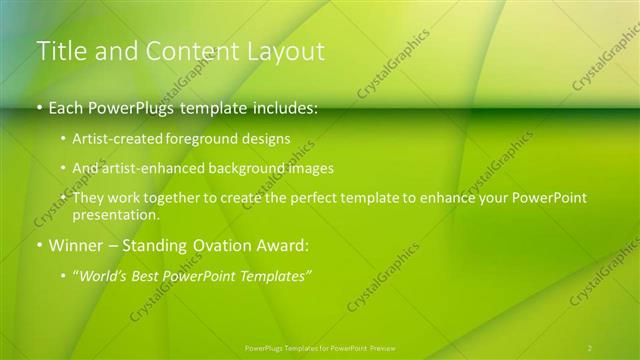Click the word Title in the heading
(x=62, y=51)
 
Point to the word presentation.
(x=115, y=214)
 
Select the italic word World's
(x=103, y=275)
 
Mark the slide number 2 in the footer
(x=590, y=348)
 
